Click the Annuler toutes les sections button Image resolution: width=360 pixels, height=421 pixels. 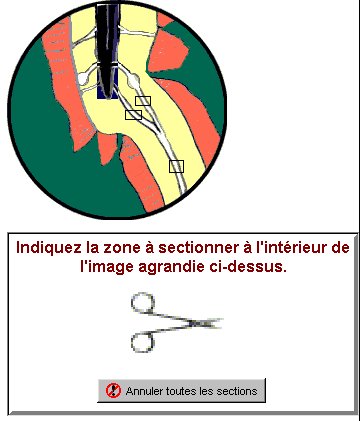(x=181, y=390)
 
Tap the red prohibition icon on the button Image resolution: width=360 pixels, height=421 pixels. (x=113, y=391)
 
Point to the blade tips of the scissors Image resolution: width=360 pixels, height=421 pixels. (x=219, y=321)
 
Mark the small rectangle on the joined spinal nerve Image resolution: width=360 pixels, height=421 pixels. (x=176, y=166)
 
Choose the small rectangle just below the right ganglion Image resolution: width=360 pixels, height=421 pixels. (x=143, y=101)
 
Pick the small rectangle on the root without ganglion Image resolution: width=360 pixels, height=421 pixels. (x=133, y=115)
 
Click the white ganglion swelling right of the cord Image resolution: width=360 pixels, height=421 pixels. (x=134, y=80)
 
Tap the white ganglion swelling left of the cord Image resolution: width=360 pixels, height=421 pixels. (x=82, y=78)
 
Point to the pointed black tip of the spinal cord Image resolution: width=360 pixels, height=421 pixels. (x=108, y=96)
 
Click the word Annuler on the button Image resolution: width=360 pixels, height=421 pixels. (x=145, y=391)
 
